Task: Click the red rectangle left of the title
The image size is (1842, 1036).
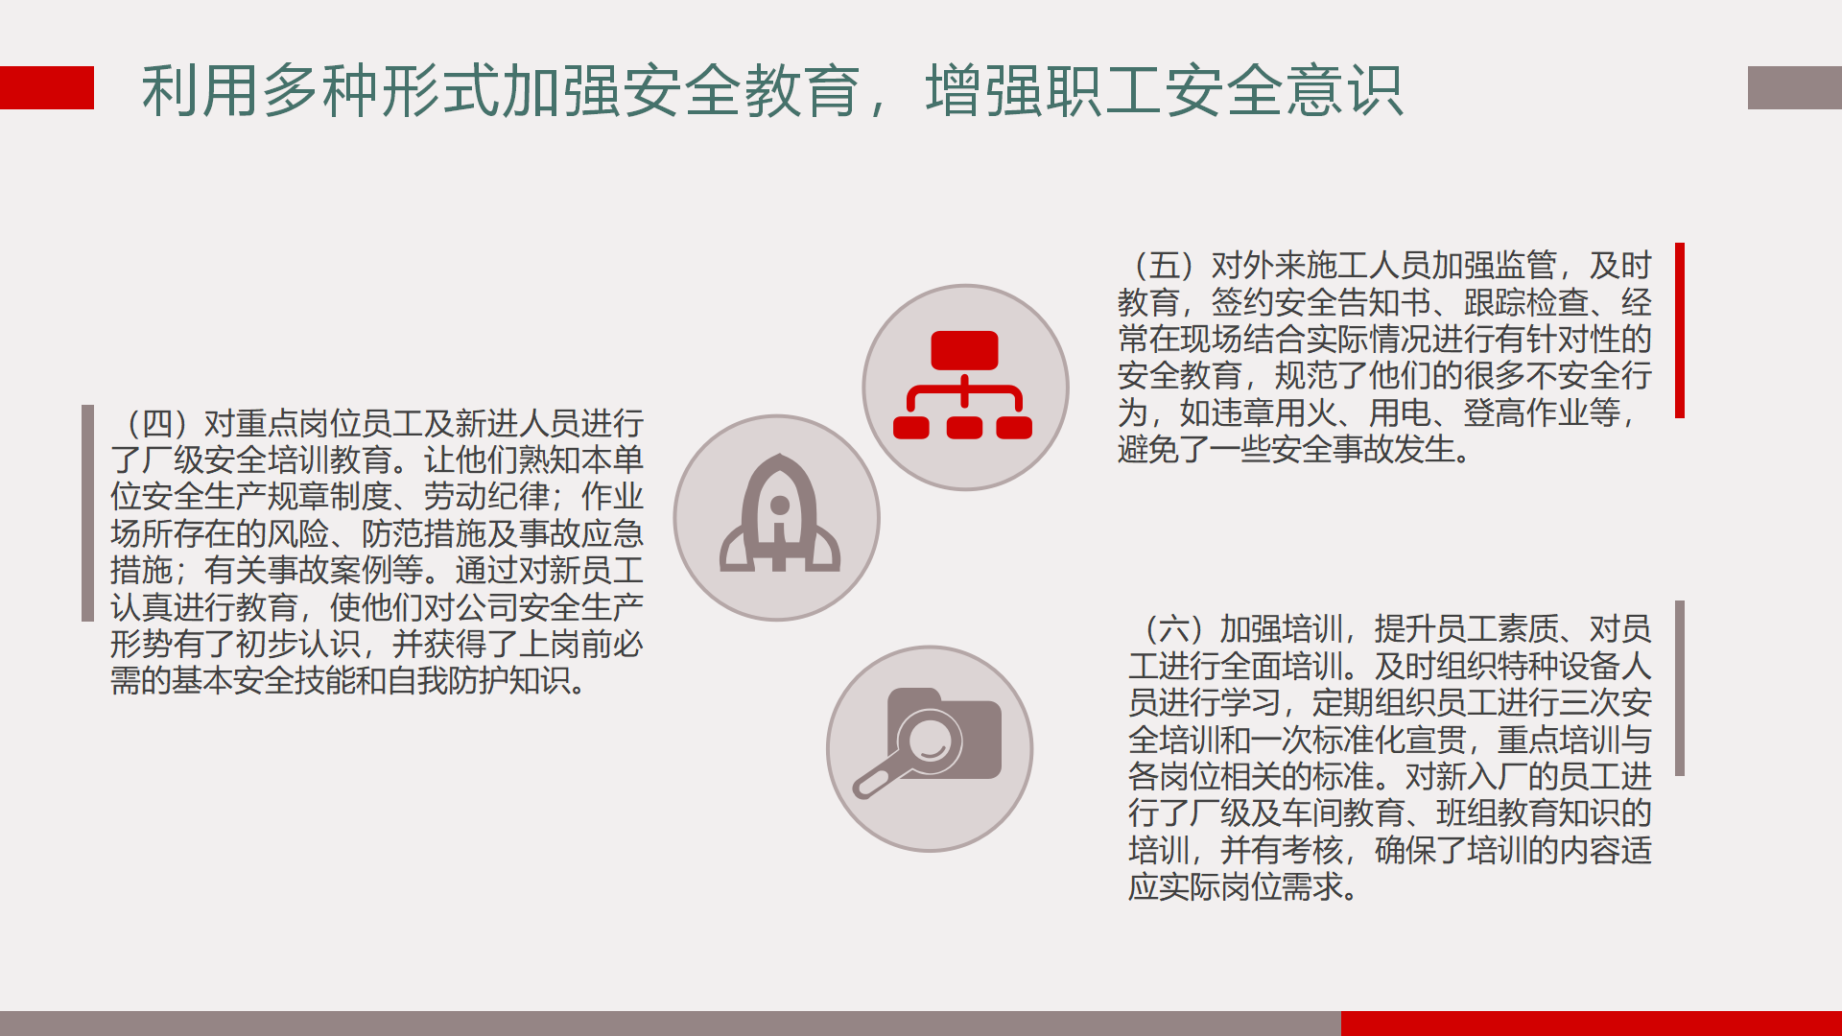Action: click(47, 87)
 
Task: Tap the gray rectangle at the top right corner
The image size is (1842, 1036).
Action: click(1795, 87)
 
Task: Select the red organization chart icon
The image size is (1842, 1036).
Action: click(963, 385)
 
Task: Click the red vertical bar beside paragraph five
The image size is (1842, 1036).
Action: click(1680, 330)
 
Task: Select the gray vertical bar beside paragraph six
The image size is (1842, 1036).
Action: click(1680, 688)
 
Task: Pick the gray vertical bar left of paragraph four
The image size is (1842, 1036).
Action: click(88, 513)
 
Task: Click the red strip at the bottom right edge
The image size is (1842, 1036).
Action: click(1592, 1024)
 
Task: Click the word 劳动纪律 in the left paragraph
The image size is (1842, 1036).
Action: click(486, 497)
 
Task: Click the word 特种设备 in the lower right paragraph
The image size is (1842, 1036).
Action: click(1527, 666)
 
